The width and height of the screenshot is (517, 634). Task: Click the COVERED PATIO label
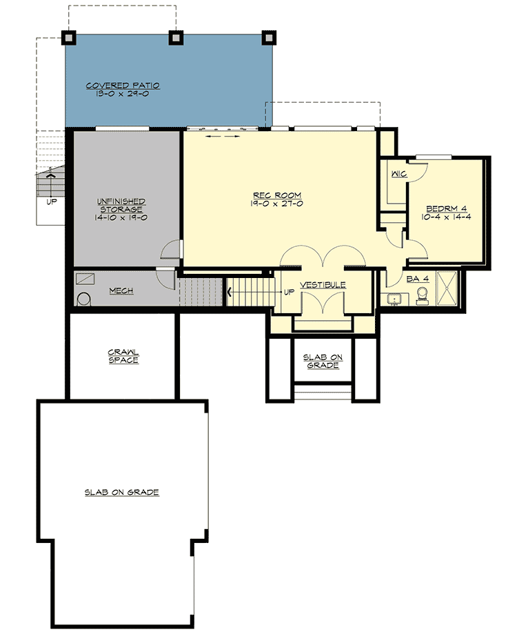click(x=123, y=86)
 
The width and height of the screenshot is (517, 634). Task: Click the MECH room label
click(x=121, y=291)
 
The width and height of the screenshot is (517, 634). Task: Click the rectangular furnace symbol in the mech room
click(x=85, y=278)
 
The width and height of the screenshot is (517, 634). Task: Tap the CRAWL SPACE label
click(x=123, y=356)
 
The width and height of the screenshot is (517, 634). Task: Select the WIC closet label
click(x=398, y=175)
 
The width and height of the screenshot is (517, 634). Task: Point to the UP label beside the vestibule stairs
click(x=287, y=291)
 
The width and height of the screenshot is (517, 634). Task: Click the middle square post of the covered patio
click(x=175, y=37)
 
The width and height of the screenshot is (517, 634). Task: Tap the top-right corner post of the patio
click(x=270, y=37)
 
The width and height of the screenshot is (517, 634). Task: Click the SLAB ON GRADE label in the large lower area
click(x=122, y=493)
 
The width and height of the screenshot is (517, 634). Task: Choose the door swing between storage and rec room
click(x=172, y=250)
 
